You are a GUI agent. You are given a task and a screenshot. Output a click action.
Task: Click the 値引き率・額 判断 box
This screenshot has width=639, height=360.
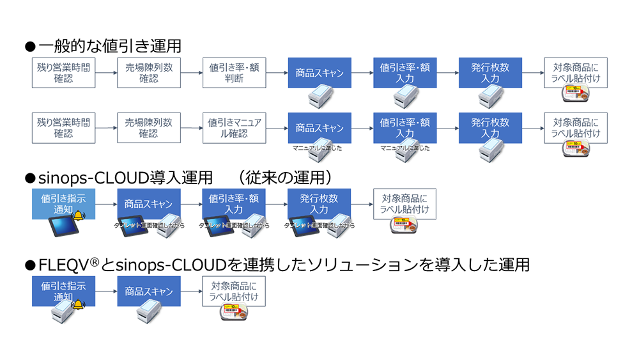[234, 73]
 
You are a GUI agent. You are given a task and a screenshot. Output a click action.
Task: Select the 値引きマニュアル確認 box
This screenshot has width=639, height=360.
[234, 128]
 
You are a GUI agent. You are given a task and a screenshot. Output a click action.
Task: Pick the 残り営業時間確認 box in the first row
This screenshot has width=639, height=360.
[63, 73]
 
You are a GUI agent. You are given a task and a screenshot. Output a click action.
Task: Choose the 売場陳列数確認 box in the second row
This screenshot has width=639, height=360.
[149, 128]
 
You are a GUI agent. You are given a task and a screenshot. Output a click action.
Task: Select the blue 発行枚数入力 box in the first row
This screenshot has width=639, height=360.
[490, 73]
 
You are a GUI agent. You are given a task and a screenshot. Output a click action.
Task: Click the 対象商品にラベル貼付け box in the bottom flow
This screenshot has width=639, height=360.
[234, 292]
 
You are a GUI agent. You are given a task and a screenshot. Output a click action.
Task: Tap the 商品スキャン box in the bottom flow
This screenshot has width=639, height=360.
[149, 292]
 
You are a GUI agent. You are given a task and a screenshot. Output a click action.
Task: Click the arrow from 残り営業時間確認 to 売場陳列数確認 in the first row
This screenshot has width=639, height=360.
[106, 73]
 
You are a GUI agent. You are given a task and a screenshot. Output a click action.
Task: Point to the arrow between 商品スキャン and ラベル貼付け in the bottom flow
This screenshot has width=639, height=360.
[192, 292]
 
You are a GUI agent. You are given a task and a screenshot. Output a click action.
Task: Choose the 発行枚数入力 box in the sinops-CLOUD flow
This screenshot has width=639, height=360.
[319, 204]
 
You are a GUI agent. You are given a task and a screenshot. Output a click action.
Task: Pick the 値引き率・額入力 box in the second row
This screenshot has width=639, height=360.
[405, 128]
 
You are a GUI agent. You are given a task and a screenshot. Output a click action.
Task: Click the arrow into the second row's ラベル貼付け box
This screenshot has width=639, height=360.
[533, 128]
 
